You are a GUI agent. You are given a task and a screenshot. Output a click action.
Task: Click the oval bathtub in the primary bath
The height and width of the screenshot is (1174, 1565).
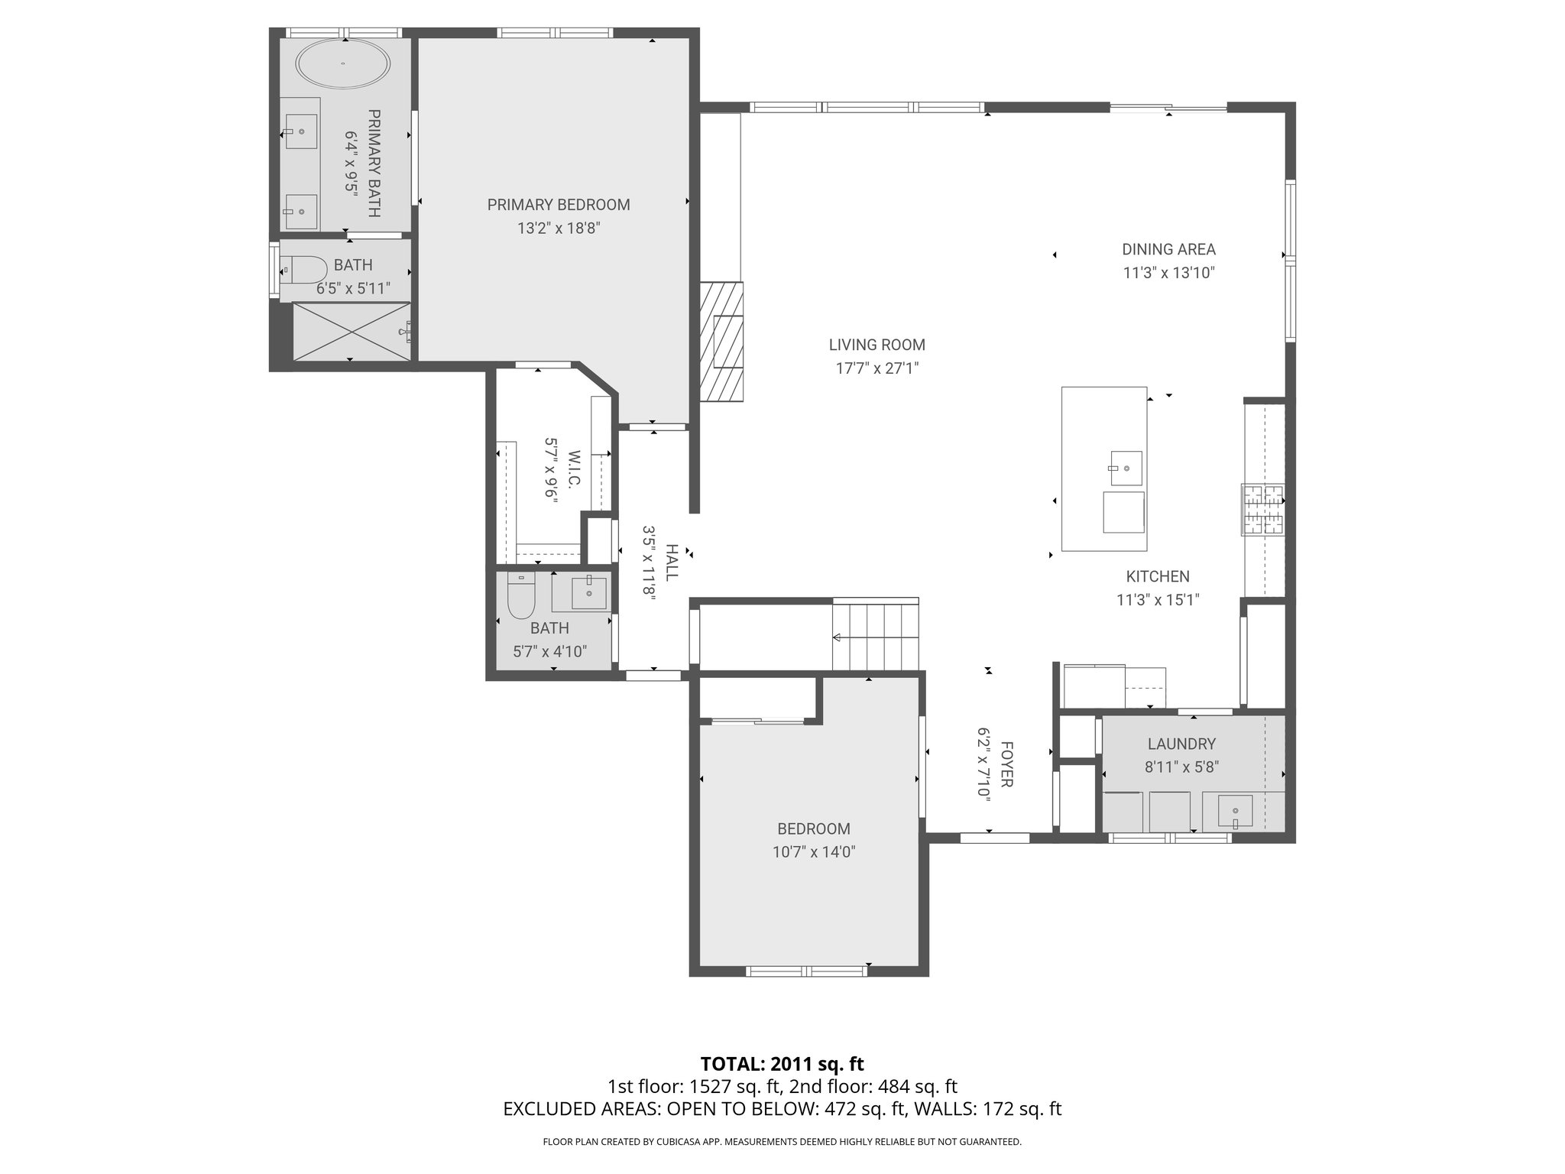[x=342, y=63]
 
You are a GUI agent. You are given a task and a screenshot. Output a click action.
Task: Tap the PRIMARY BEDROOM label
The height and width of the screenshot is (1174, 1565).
[x=559, y=205]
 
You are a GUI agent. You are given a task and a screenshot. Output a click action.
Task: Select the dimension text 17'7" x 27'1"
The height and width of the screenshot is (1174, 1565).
[x=876, y=368]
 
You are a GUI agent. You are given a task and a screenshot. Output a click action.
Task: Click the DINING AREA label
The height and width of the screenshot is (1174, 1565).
[x=1168, y=249]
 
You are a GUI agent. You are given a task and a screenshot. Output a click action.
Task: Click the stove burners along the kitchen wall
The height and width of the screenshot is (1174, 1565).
[x=1262, y=509]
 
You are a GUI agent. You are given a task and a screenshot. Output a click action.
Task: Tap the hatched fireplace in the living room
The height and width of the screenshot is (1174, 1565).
[x=722, y=341]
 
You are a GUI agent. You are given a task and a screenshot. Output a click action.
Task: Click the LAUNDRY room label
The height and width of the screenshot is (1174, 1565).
[x=1181, y=744]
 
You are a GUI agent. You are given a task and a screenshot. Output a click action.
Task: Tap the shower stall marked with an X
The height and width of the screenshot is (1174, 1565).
[x=352, y=331]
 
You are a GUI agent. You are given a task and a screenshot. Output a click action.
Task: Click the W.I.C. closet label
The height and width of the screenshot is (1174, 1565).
[x=574, y=469]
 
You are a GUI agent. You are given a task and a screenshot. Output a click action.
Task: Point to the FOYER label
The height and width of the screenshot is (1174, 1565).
[x=1006, y=764]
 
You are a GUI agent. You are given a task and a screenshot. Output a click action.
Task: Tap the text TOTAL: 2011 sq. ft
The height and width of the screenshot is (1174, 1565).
[x=782, y=1063]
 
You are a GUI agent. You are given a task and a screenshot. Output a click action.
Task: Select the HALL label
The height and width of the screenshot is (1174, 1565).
[x=672, y=562]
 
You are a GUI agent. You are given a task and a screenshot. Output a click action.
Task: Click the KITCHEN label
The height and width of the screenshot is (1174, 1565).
[x=1158, y=577]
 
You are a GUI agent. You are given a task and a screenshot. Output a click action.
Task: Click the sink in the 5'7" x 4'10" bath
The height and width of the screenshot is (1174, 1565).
[x=588, y=593]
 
